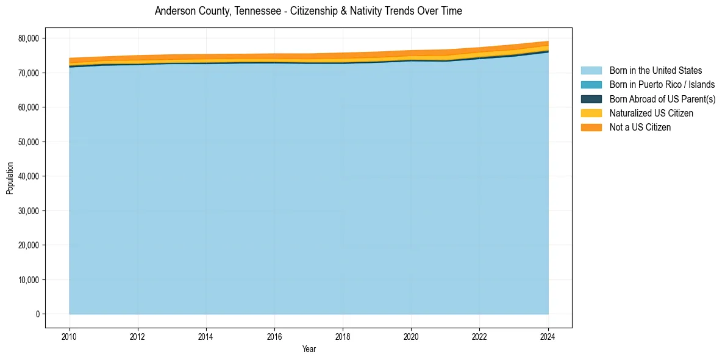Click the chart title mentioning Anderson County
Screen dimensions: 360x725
click(x=308, y=11)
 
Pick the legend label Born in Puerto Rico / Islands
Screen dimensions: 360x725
click(x=662, y=85)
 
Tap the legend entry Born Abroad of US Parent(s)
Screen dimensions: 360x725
click(x=662, y=99)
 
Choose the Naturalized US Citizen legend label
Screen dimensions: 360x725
click(x=651, y=113)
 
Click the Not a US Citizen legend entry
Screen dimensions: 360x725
click(x=640, y=127)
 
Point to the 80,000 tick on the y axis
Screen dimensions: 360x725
click(x=29, y=38)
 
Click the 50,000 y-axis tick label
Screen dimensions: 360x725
click(x=29, y=142)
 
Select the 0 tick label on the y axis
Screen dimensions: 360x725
click(x=37, y=314)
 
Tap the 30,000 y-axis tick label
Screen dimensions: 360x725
click(x=29, y=211)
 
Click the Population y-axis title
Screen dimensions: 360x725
click(x=10, y=178)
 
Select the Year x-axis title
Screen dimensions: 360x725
click(x=309, y=349)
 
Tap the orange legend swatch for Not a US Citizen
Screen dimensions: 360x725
click(x=591, y=127)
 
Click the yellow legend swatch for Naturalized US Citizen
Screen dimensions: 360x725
click(x=591, y=113)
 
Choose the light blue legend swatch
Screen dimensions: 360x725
click(x=591, y=71)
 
